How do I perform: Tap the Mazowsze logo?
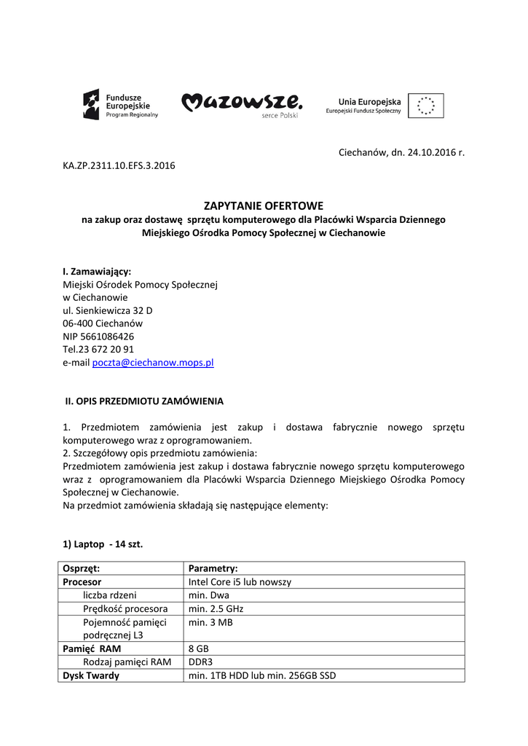[x=241, y=105]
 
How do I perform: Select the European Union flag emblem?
[x=425, y=106]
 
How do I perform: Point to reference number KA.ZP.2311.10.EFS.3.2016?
[x=119, y=165]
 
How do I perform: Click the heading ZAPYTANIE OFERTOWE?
[x=263, y=206]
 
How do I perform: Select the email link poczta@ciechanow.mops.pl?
[x=153, y=362]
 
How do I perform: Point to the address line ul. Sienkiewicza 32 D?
[x=108, y=310]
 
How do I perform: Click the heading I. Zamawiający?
[x=97, y=271]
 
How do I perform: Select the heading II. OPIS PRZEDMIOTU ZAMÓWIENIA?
[x=145, y=401]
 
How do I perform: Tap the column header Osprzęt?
[x=82, y=568]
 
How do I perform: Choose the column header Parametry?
[x=213, y=568]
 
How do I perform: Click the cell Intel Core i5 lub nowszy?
[x=240, y=582]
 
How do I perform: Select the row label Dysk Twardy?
[x=91, y=675]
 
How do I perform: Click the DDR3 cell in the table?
[x=200, y=662]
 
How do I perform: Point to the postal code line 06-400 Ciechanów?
[x=103, y=323]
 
